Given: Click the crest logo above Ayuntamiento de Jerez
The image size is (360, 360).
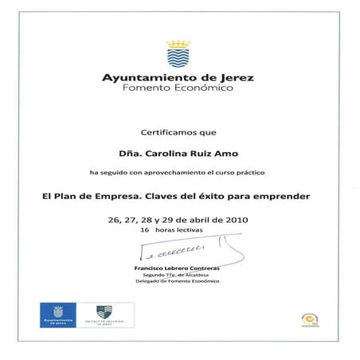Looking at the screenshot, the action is coord(178,55).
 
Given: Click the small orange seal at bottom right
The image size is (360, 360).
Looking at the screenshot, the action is coord(307,318).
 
